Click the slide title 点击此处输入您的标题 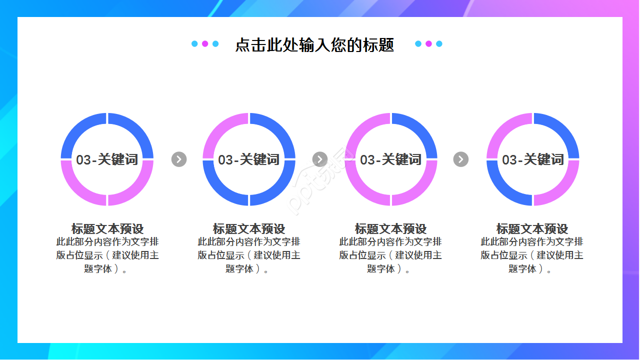[x=314, y=45]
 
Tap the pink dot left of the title [x=205, y=43]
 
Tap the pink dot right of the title [x=428, y=43]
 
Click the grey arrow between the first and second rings [x=179, y=159]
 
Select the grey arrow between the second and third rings [x=320, y=159]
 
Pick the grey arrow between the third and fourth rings [x=461, y=159]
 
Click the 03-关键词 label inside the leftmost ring [x=107, y=159]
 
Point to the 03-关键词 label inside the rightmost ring [x=533, y=159]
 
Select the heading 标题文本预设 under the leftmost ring [x=107, y=228]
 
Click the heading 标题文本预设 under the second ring [x=249, y=228]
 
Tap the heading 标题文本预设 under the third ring [x=390, y=228]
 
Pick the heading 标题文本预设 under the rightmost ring [x=532, y=228]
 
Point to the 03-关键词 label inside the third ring [x=391, y=159]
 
